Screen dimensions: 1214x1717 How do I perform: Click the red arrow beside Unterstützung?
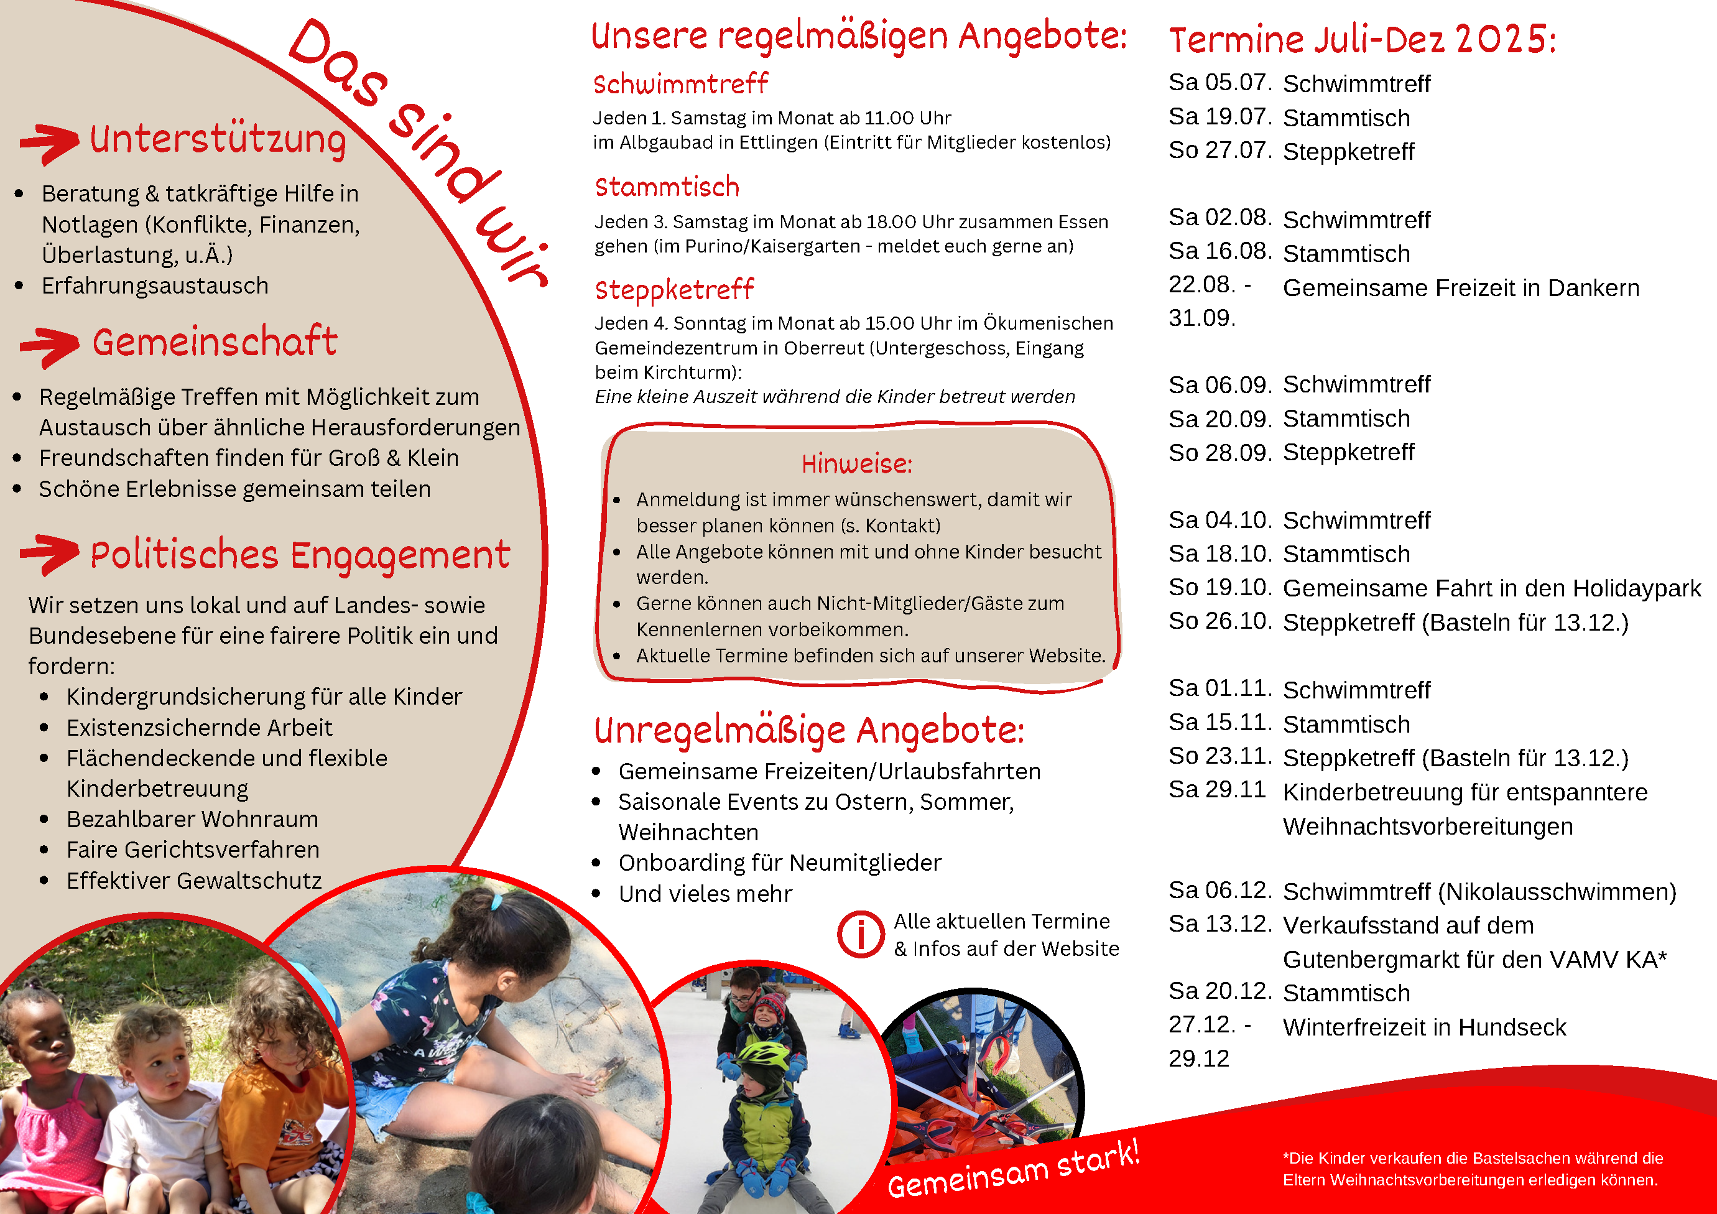tap(49, 142)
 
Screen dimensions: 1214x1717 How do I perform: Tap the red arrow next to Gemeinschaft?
tap(49, 346)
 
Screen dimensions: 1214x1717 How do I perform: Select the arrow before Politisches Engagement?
tap(49, 554)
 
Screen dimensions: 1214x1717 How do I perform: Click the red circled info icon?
tap(861, 934)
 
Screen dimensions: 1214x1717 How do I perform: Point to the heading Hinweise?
tap(857, 465)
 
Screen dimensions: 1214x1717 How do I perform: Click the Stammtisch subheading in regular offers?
tap(667, 187)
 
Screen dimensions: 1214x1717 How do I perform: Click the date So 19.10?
tap(1219, 588)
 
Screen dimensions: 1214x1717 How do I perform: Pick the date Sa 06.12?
tap(1219, 890)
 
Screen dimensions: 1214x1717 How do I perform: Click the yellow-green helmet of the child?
tap(763, 1055)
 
